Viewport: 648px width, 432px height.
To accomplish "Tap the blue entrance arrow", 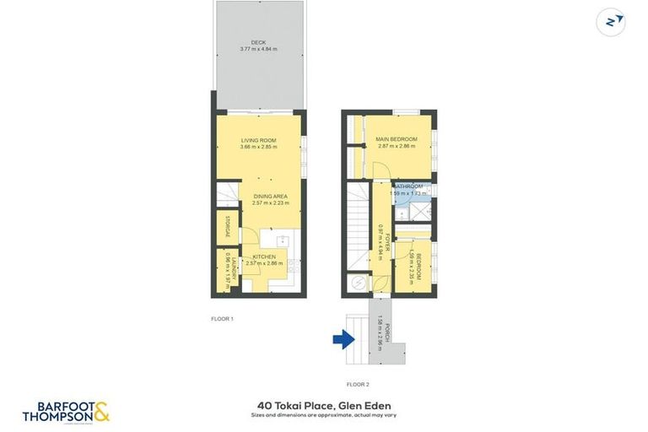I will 343,340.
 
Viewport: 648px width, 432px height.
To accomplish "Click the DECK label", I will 258,42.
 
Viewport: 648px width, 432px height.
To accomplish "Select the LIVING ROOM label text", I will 258,140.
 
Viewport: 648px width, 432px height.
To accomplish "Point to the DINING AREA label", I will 270,196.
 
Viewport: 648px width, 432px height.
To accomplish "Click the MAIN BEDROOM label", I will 395,138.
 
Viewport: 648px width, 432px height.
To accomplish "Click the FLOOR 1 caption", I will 222,319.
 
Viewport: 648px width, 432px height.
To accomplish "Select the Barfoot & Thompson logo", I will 66,412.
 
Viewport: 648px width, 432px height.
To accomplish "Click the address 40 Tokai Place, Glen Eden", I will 324,405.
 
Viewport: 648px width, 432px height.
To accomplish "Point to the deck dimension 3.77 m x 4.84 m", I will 258,50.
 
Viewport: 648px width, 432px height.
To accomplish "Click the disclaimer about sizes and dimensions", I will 324,414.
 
